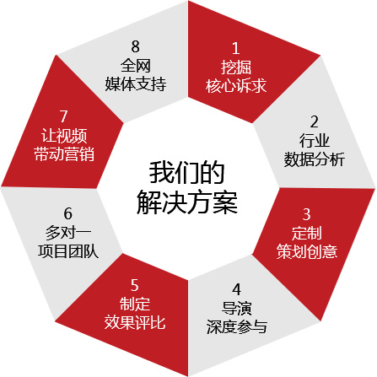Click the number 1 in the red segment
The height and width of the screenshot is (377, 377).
pyautogui.click(x=236, y=48)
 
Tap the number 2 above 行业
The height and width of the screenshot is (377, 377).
pyautogui.click(x=315, y=122)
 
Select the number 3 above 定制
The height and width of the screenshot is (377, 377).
pyautogui.click(x=307, y=214)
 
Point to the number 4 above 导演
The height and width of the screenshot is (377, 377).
pyautogui.click(x=237, y=289)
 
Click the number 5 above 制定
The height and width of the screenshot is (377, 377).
pyautogui.click(x=135, y=285)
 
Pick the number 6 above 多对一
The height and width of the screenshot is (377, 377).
pyautogui.click(x=68, y=213)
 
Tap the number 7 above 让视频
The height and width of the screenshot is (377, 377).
pyautogui.click(x=64, y=116)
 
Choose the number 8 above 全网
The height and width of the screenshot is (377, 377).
pyautogui.click(x=136, y=46)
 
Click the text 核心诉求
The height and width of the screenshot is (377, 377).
pyautogui.click(x=236, y=85)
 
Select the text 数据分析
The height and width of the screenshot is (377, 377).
pyautogui.click(x=315, y=159)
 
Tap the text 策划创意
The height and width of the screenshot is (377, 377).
pyautogui.click(x=307, y=251)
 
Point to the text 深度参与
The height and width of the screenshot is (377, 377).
pyautogui.click(x=237, y=326)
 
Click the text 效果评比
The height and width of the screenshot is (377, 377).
pyautogui.click(x=135, y=322)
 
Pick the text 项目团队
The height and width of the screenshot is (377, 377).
pyautogui.click(x=68, y=251)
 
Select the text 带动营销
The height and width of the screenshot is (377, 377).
pyautogui.click(x=64, y=153)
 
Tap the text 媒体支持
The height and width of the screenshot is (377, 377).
pyautogui.click(x=136, y=83)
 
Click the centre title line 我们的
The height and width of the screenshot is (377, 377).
pyautogui.click(x=187, y=173)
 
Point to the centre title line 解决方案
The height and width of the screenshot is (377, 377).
pyautogui.click(x=187, y=202)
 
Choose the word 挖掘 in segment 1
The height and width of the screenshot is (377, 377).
pyautogui.click(x=236, y=67)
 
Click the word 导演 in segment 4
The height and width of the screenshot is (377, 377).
pyautogui.click(x=237, y=308)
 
